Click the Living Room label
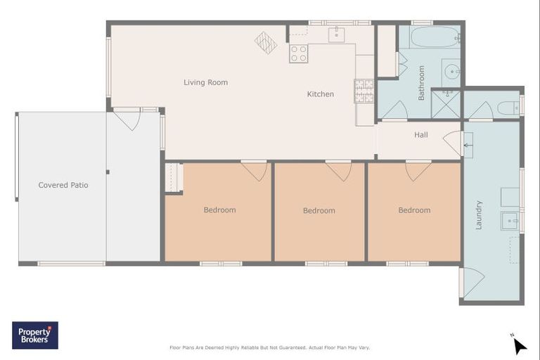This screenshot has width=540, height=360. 205,82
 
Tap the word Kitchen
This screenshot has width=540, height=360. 321,94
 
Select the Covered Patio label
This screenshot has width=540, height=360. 63,185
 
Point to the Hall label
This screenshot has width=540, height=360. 421,135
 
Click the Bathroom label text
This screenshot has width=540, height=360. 421,83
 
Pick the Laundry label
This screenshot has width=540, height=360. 479,215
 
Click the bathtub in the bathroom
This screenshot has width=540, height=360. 435,37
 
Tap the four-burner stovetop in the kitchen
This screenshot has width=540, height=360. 299,53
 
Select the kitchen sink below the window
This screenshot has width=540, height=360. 337,34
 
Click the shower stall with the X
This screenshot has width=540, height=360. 446,104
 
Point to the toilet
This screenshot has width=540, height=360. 508,108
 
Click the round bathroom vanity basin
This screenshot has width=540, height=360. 451,72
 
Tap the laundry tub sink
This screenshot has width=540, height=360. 510,221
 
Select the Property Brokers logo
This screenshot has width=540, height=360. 35,335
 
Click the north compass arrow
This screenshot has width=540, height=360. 520,345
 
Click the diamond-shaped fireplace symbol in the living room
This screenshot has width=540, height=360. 266,43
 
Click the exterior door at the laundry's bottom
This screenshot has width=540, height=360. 472,283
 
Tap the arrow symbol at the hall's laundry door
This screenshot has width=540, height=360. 468,146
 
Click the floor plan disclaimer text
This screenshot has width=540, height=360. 270,347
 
